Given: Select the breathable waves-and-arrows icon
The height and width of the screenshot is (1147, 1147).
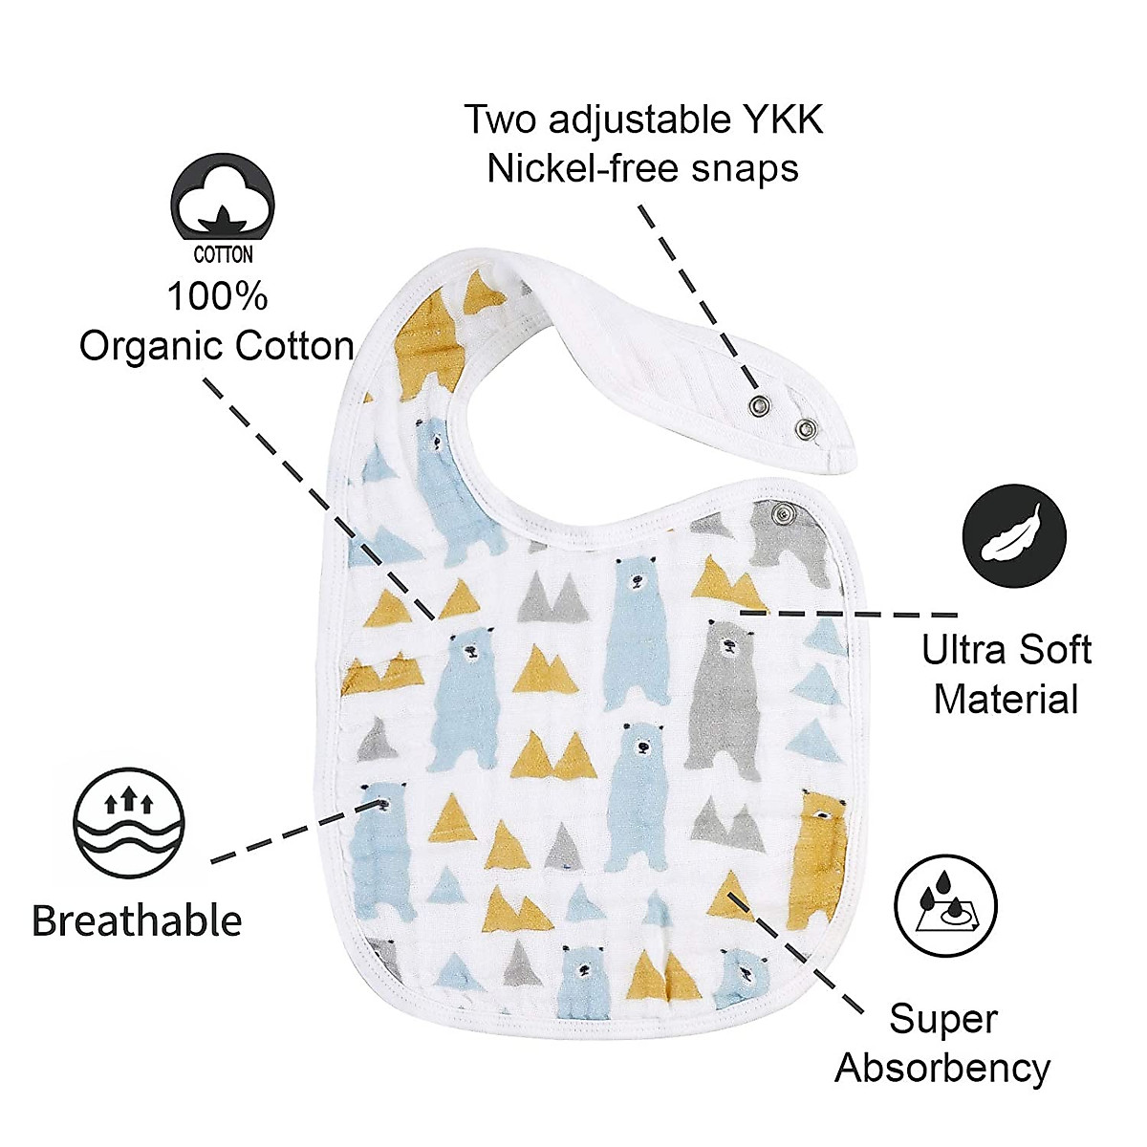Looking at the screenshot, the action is [127, 822].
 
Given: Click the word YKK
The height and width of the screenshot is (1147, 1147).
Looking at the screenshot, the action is [783, 120].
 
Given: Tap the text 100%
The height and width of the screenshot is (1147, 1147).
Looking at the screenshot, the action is [217, 296].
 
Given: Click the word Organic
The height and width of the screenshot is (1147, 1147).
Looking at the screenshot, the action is [151, 345].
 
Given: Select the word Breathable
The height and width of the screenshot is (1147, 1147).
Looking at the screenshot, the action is [137, 920].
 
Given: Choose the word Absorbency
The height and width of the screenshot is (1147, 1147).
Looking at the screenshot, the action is [942, 1067].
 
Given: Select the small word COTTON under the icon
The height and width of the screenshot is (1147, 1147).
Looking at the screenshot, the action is [223, 255].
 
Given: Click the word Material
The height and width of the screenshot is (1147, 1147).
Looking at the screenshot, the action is [1006, 699].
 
